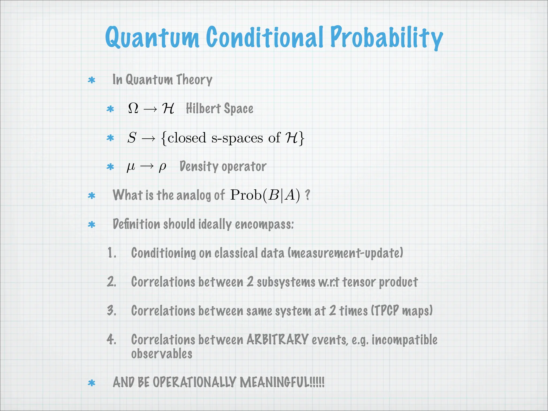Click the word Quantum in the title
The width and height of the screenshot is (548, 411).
(x=152, y=37)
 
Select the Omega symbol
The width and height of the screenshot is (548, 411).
(x=133, y=108)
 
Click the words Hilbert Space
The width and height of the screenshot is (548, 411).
(x=219, y=109)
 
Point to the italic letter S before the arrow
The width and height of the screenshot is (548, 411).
(x=132, y=138)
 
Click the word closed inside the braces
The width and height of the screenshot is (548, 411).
(x=187, y=138)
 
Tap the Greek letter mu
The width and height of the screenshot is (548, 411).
(x=131, y=167)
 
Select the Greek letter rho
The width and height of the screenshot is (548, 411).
(x=162, y=167)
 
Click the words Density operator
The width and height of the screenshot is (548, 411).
(x=223, y=166)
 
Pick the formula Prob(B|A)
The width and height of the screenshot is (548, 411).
(x=265, y=195)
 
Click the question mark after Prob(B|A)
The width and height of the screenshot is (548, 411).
(x=307, y=195)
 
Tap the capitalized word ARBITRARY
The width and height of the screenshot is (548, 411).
(x=277, y=340)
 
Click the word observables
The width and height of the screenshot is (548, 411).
(x=162, y=354)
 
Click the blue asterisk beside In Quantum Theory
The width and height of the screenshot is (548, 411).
(x=92, y=80)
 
